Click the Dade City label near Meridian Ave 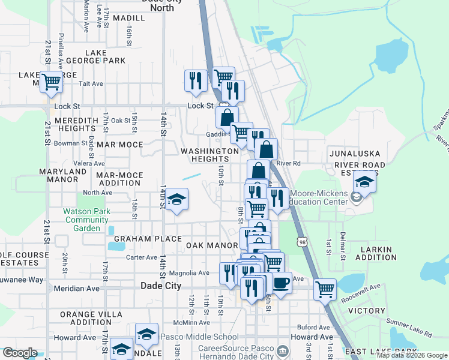(160, 286)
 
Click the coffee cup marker (281, 282)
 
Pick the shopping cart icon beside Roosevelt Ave (325, 289)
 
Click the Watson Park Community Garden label (86, 220)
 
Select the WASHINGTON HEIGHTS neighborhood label (210, 155)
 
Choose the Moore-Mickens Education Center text (319, 197)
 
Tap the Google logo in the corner (20, 352)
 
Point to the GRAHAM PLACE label (139, 238)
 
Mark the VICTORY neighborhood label (366, 311)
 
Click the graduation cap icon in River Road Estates (364, 181)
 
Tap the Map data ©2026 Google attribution (411, 355)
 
